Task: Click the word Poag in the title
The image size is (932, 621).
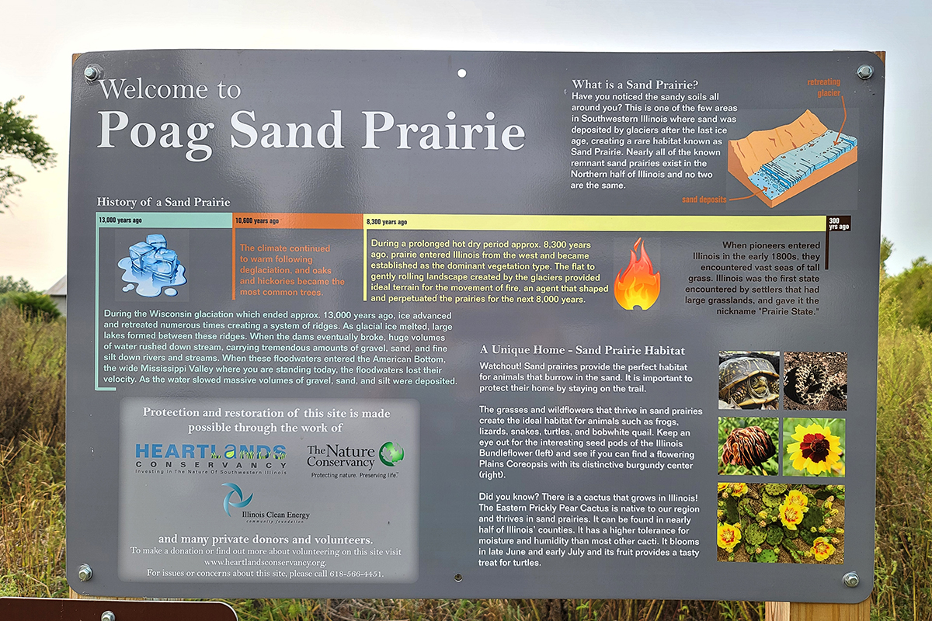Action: click(x=154, y=133)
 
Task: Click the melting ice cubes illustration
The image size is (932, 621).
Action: click(x=152, y=265)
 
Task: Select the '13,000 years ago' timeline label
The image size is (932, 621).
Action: click(x=120, y=220)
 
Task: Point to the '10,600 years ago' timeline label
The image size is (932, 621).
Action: click(x=257, y=220)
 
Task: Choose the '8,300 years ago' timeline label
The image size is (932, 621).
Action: click(x=387, y=222)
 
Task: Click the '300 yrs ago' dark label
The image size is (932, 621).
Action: click(x=838, y=224)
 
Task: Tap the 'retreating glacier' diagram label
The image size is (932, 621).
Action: click(x=824, y=88)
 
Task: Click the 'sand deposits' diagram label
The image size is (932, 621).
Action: click(x=704, y=199)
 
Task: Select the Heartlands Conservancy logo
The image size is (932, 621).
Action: click(x=211, y=458)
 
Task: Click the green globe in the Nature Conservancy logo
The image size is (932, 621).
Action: click(x=391, y=453)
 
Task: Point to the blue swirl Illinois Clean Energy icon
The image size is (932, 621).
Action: click(x=236, y=500)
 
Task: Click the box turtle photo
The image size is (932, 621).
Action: click(x=749, y=380)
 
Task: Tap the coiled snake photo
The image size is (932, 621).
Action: click(x=815, y=380)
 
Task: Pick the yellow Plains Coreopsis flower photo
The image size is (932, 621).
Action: click(x=814, y=447)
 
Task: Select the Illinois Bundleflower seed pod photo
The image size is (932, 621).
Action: click(x=748, y=446)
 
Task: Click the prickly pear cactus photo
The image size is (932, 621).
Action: click(x=781, y=523)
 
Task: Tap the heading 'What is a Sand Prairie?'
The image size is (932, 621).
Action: click(x=635, y=85)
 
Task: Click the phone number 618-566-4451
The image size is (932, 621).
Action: click(x=356, y=574)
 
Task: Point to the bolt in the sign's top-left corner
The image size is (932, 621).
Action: click(x=92, y=74)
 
